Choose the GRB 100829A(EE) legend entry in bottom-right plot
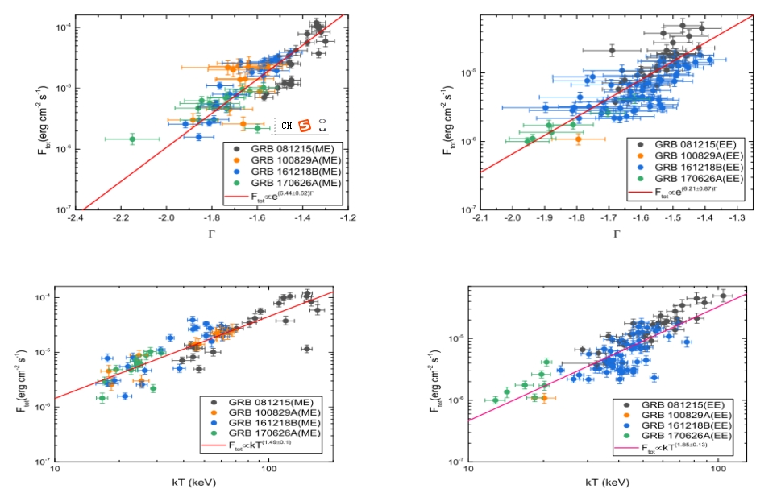[686, 414]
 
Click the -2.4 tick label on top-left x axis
[76, 217]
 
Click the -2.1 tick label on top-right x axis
[481, 218]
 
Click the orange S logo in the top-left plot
[305, 126]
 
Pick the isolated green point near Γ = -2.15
[132, 139]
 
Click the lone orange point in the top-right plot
[579, 139]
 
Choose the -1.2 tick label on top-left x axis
[348, 217]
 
